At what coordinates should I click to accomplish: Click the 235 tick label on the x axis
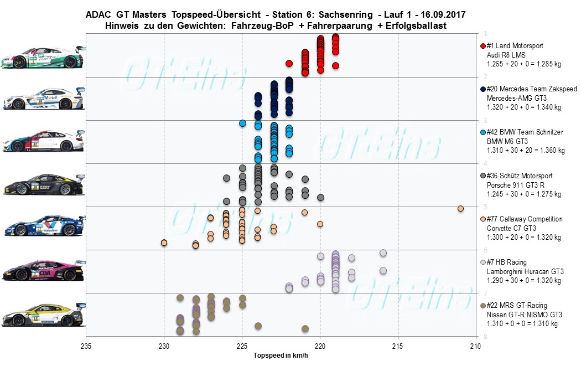coord(86,347)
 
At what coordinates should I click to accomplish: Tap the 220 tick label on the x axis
coord(320,347)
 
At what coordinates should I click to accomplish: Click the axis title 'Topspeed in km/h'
coord(280,355)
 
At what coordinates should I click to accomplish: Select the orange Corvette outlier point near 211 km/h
coord(460,208)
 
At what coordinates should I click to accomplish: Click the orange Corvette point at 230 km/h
coord(164,243)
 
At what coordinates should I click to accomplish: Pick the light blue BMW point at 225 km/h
coord(242,123)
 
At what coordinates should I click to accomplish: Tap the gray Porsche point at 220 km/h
coord(320,198)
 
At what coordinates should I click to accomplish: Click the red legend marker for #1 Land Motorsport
coord(483,46)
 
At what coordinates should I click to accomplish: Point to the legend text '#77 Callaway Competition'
coord(524,219)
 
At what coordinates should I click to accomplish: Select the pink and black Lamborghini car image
coord(43,270)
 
